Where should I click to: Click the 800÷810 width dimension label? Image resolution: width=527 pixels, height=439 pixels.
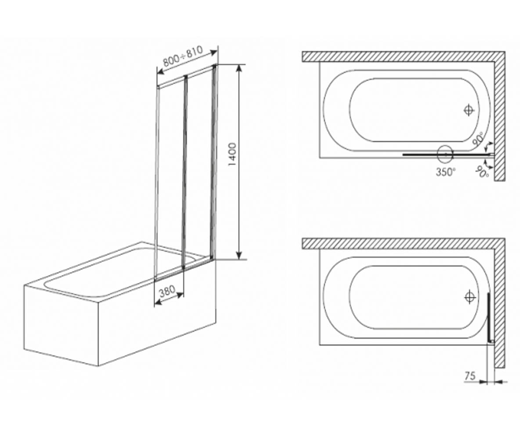(183, 56)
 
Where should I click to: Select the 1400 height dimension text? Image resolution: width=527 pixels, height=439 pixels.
(232, 155)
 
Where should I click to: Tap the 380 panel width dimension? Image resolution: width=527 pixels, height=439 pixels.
(167, 291)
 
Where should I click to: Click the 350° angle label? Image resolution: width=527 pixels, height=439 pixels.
(446, 172)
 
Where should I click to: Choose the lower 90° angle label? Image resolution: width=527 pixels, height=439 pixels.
(482, 172)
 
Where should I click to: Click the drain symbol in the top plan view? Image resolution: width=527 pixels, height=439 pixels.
(469, 110)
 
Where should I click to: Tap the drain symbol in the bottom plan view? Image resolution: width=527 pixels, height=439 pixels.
(470, 298)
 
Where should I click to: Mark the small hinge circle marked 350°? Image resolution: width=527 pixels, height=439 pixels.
(445, 154)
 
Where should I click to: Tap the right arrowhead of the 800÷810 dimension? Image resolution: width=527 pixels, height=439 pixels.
(213, 53)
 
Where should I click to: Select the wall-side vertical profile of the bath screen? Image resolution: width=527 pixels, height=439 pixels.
(213, 162)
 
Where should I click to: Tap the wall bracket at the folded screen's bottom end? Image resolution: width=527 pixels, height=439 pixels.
(492, 342)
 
